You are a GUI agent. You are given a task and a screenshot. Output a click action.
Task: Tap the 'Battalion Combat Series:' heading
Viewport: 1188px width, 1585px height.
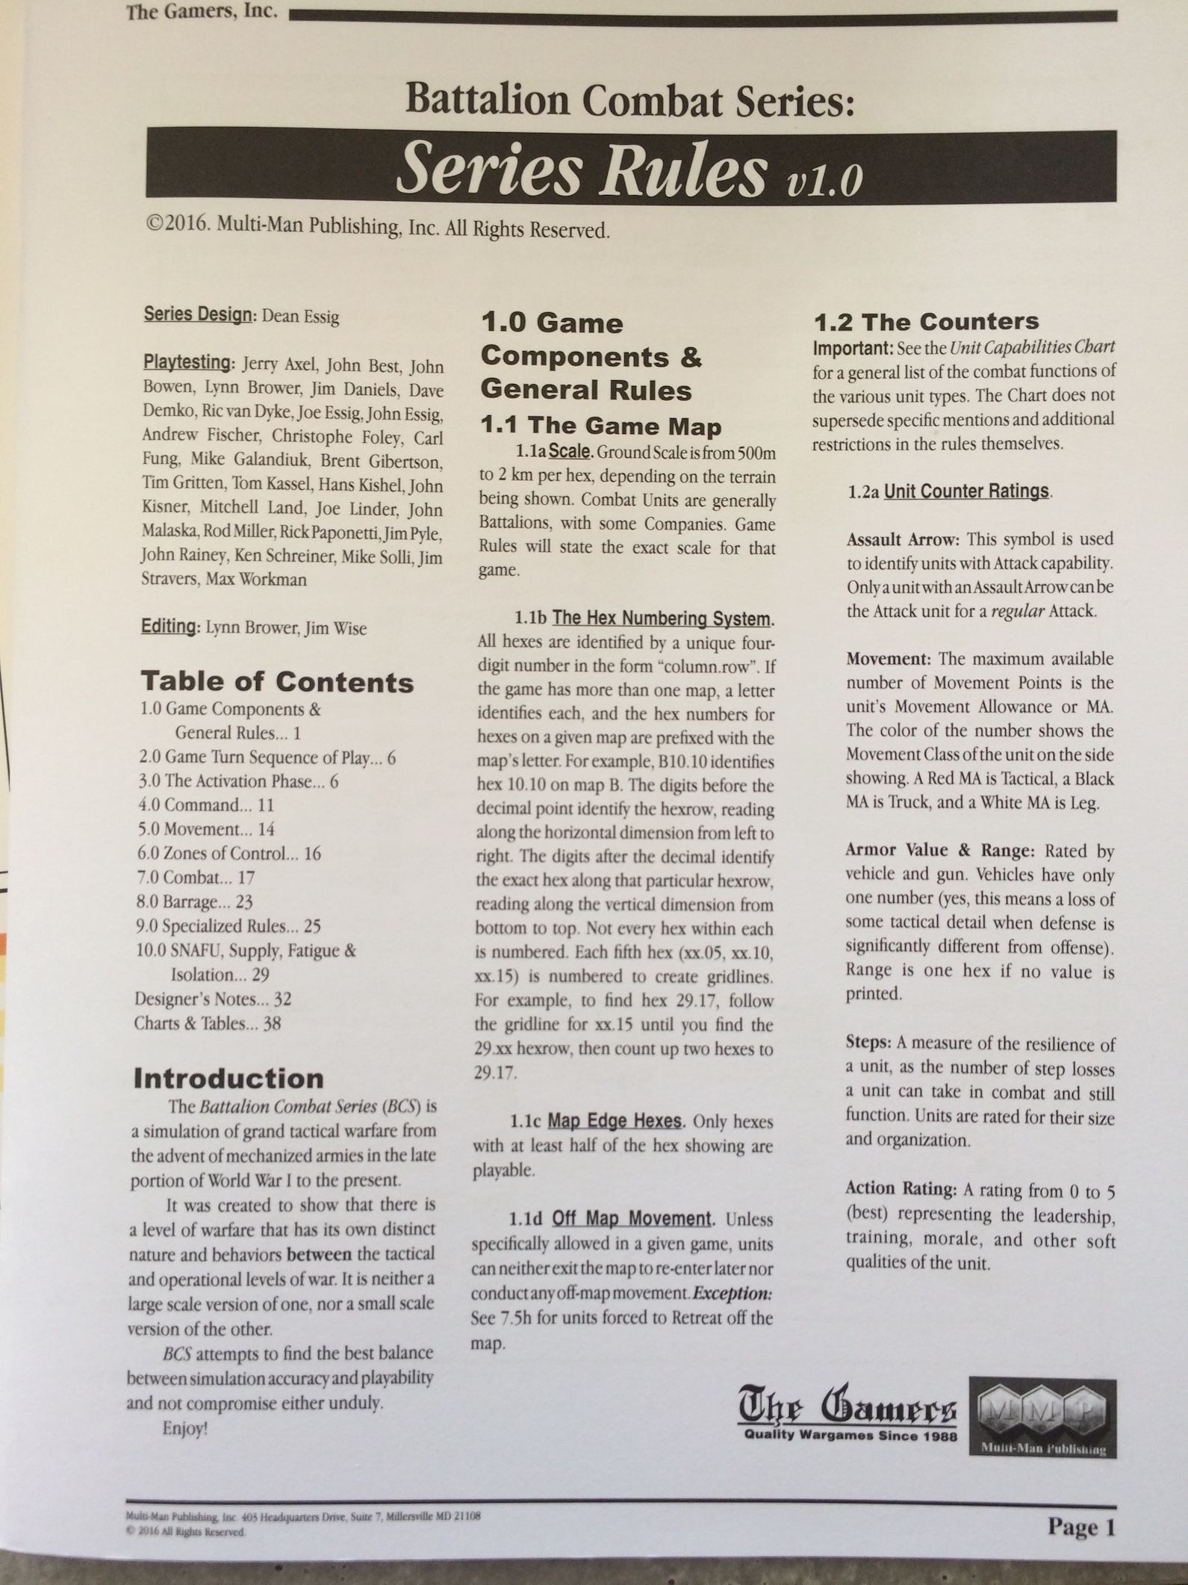[629, 99]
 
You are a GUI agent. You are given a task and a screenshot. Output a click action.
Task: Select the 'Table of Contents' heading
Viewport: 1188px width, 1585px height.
[277, 681]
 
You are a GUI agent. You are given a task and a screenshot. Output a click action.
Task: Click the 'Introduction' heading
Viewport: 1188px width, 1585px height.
[228, 1078]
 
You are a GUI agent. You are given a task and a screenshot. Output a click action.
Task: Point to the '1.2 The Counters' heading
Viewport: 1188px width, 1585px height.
[926, 321]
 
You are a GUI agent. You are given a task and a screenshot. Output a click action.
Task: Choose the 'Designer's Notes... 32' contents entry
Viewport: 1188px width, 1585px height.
[213, 999]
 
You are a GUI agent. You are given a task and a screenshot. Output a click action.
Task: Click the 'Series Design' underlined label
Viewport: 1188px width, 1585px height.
[197, 314]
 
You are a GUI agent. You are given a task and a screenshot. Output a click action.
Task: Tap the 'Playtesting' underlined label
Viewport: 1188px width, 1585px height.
[187, 363]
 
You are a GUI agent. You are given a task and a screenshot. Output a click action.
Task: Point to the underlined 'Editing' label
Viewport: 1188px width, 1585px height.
[168, 626]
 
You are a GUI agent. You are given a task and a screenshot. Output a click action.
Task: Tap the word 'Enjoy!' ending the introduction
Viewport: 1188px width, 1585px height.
[184, 1427]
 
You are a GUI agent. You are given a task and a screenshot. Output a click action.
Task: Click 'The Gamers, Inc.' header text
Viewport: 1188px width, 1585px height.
[202, 13]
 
